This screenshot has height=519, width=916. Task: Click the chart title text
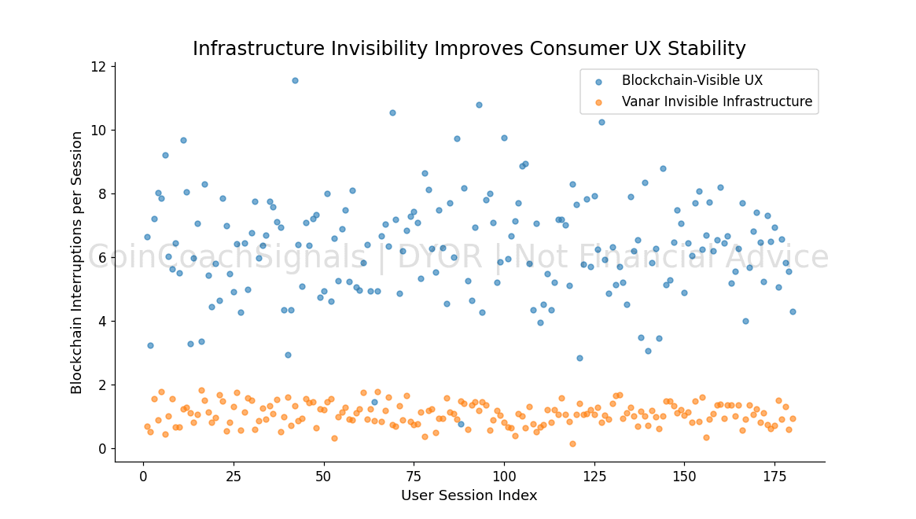click(x=469, y=49)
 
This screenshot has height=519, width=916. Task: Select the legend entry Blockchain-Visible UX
click(x=692, y=80)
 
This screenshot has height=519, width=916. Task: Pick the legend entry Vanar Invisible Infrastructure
click(x=716, y=101)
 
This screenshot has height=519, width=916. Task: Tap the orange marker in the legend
click(x=599, y=102)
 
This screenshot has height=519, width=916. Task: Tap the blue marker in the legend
click(x=599, y=81)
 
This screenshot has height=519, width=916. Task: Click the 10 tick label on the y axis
click(x=99, y=130)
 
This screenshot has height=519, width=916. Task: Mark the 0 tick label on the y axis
click(x=103, y=449)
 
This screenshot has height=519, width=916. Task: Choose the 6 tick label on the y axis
click(x=103, y=257)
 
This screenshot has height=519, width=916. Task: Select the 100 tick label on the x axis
click(x=504, y=477)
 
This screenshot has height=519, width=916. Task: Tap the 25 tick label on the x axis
click(x=234, y=477)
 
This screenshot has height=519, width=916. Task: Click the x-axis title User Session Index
click(x=469, y=495)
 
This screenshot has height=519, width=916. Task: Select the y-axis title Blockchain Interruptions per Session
click(x=77, y=263)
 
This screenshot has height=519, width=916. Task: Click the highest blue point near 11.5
click(x=295, y=80)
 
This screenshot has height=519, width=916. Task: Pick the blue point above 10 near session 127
click(x=601, y=122)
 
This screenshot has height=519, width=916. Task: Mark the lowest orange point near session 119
click(x=572, y=444)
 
